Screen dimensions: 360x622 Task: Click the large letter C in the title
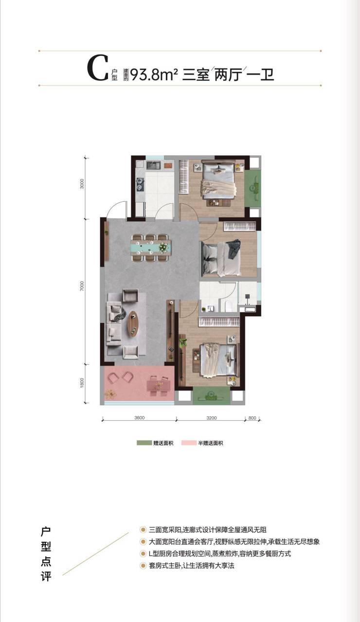[97, 69]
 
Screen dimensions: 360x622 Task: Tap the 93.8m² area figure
[154, 74]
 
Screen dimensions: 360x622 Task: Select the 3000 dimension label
[81, 184]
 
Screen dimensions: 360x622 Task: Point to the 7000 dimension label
[81, 286]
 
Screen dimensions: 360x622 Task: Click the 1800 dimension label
[81, 383]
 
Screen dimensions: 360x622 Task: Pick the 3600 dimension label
[139, 418]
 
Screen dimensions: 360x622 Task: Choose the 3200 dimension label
[212, 418]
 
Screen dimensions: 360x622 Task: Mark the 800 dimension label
[252, 418]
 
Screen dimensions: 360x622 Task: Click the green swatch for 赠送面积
[144, 443]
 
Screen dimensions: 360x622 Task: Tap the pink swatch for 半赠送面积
[189, 443]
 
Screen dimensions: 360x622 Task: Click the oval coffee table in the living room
[133, 324]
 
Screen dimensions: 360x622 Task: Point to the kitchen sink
[153, 165]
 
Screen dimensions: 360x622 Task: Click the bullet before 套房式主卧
[143, 566]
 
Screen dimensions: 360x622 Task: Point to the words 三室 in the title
[196, 75]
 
